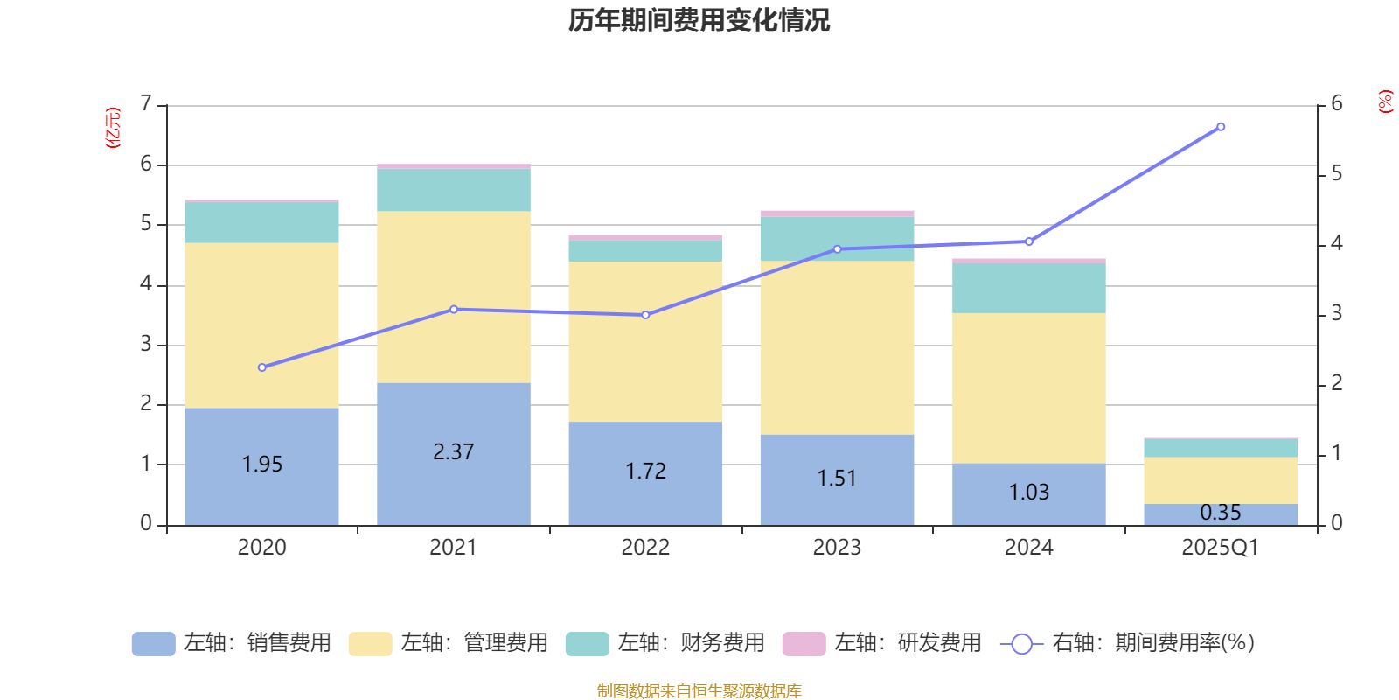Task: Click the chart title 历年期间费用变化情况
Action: pos(699,20)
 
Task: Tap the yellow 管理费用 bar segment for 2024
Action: pos(1028,388)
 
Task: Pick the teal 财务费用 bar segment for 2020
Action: pos(262,222)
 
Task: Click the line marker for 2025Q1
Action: pos(1221,127)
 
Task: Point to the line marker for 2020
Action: pos(262,367)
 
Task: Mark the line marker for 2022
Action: pos(645,315)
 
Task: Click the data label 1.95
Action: pos(262,465)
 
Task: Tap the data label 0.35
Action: pos(1221,513)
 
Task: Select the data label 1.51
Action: pos(837,479)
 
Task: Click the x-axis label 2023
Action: pos(837,548)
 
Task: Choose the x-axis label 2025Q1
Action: pos(1220,548)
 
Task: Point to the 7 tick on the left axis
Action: pos(146,104)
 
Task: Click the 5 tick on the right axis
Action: pos(1336,174)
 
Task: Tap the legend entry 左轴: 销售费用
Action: pos(232,643)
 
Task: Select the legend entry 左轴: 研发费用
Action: pos(882,643)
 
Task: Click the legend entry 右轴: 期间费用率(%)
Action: pos(1127,643)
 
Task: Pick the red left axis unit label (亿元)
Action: pos(113,128)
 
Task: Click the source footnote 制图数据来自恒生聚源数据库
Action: pos(699,691)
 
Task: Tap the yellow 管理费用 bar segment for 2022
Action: pos(645,341)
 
